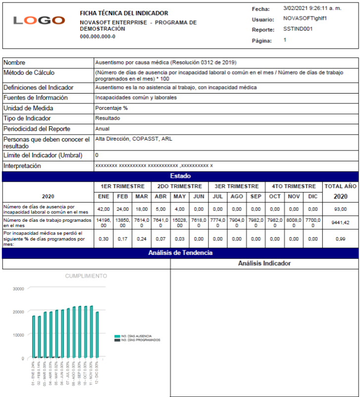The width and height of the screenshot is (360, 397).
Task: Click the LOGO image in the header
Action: click(39, 20)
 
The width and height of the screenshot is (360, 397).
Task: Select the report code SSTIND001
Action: click(298, 29)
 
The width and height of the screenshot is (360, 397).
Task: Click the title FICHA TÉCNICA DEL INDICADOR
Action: click(124, 13)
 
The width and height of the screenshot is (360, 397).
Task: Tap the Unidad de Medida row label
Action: click(28, 108)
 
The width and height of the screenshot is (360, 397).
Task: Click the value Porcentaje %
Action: click(111, 108)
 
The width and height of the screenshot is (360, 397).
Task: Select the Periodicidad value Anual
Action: click(103, 129)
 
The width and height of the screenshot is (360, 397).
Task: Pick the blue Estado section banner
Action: click(180, 176)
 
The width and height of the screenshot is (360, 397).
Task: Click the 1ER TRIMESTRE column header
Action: click(122, 187)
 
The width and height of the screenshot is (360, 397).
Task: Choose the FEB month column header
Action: click(122, 197)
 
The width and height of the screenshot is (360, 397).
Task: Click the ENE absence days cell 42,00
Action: click(103, 209)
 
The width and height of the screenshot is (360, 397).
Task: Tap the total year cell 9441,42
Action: click(340, 223)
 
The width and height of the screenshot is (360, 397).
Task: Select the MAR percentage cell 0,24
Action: click(142, 239)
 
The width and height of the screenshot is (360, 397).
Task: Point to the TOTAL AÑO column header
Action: click(340, 187)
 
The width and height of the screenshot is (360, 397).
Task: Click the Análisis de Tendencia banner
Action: click(180, 253)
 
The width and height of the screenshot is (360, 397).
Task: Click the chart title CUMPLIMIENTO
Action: click(86, 276)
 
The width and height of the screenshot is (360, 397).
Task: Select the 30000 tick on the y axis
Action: click(18, 289)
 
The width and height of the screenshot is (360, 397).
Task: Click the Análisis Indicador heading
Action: click(264, 263)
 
